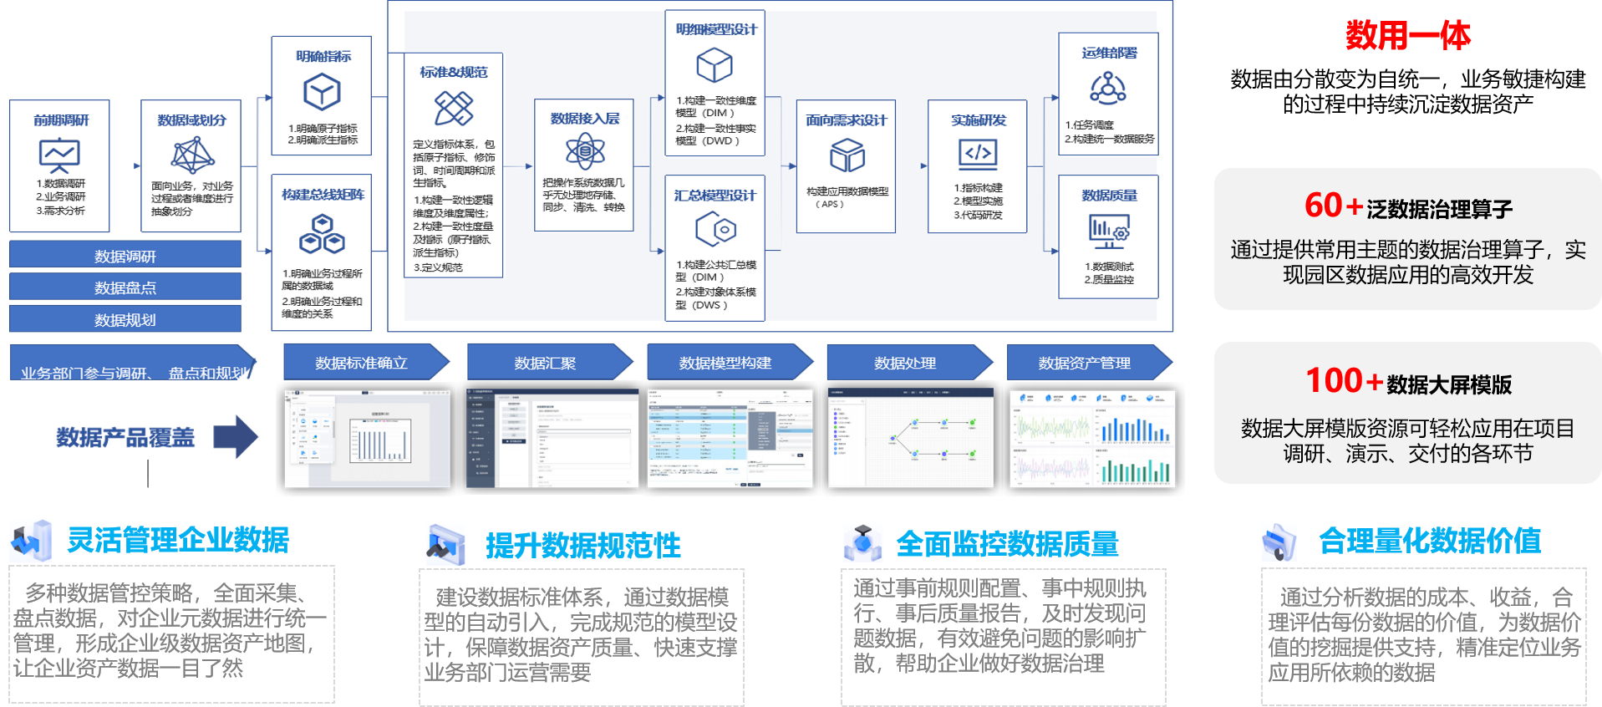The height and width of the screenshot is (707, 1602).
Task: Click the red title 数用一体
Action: point(1407,36)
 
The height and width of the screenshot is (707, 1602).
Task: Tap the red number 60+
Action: point(1334,206)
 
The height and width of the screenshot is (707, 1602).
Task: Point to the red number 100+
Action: point(1345,381)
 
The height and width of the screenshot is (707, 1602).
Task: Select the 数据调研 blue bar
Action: point(125,256)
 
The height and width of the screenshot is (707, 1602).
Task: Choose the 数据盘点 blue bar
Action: point(125,287)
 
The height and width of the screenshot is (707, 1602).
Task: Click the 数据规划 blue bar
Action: point(125,319)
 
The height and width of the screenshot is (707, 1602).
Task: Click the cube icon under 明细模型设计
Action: point(715,65)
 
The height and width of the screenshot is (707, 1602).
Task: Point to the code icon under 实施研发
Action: point(978,154)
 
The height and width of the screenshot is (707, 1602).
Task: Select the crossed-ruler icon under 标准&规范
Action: point(454,108)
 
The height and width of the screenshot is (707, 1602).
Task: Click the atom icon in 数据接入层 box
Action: point(585,151)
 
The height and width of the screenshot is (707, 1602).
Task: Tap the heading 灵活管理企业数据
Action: point(178,540)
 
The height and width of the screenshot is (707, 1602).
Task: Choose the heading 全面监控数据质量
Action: point(1007,544)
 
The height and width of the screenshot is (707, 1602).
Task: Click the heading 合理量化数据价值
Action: point(1429,541)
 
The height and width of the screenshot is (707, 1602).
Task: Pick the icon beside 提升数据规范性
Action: point(445,544)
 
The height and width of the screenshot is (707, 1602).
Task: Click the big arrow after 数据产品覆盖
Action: point(236,436)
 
